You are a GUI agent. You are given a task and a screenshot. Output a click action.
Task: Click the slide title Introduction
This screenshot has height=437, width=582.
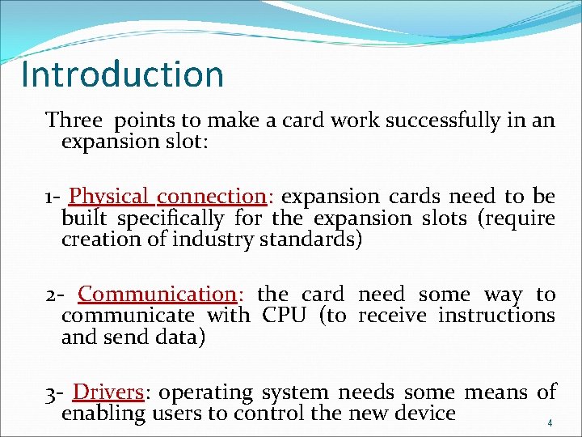(x=122, y=74)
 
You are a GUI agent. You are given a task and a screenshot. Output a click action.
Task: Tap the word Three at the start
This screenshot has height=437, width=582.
(x=74, y=121)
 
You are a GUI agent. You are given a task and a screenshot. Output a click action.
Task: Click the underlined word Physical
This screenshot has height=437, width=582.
(x=109, y=197)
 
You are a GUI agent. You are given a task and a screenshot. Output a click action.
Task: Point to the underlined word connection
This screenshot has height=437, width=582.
(x=211, y=197)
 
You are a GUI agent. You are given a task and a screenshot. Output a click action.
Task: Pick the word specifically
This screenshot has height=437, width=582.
(x=170, y=219)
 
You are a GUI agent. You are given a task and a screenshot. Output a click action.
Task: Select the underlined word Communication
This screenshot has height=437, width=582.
(x=156, y=295)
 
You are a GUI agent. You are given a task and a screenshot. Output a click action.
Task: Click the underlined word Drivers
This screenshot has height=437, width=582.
(x=108, y=392)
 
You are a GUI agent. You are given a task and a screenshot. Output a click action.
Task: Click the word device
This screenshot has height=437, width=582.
(x=424, y=414)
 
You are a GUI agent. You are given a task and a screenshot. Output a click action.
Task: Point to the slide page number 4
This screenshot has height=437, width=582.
(x=550, y=423)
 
